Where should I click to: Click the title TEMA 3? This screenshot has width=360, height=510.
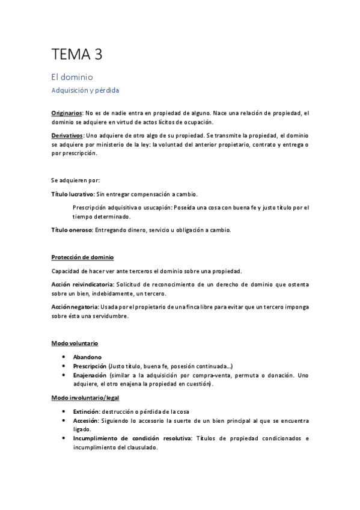[77, 55]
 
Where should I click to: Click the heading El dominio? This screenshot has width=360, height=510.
[72, 78]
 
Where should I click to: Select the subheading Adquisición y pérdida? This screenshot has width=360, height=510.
[85, 91]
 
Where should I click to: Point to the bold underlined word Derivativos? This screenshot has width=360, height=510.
[67, 136]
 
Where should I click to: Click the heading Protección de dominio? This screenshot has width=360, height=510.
[83, 257]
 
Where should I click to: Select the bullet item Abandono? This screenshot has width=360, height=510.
[88, 357]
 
